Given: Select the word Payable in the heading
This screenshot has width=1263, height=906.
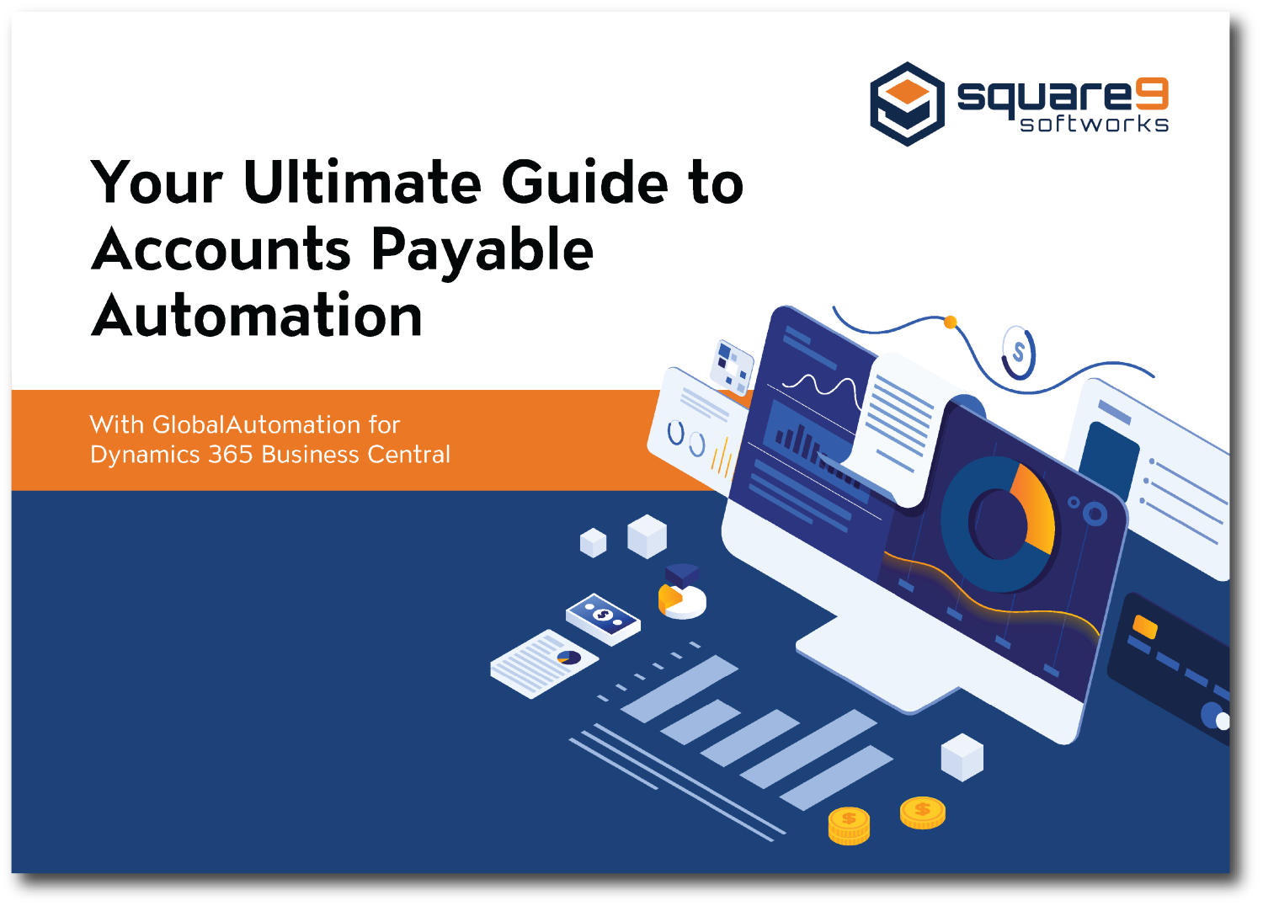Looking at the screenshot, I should [x=482, y=250].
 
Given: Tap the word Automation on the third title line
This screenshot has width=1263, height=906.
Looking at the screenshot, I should [x=257, y=317].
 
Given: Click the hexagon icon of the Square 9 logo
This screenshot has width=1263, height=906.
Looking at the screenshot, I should [x=907, y=104].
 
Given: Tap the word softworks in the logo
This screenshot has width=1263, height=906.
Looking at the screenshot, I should [x=1094, y=124].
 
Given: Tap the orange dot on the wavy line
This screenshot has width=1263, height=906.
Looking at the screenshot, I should [x=951, y=322].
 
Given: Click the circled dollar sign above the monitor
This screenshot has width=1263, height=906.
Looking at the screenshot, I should [x=1018, y=352].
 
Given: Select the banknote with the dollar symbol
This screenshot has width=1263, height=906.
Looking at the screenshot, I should [x=603, y=617].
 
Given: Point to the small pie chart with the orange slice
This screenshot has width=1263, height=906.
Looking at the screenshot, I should [x=681, y=599].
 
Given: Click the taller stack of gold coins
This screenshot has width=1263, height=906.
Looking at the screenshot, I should [x=849, y=825].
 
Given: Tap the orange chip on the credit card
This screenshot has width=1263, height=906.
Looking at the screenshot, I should [x=1145, y=626].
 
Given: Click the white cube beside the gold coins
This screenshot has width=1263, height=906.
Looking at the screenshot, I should [x=962, y=756].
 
